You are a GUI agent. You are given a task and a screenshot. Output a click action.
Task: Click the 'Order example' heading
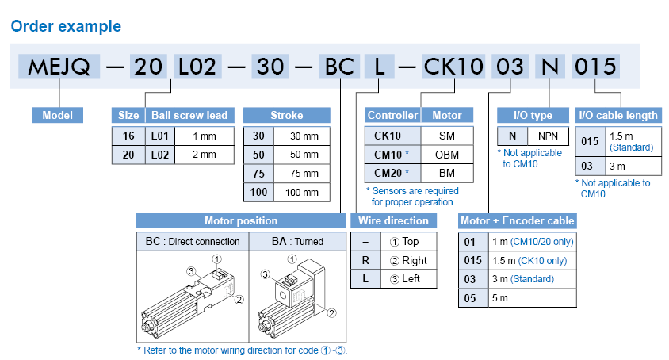66,26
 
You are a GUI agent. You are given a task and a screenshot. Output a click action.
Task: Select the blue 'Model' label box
58,115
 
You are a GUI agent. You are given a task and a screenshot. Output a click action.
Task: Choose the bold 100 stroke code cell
258,193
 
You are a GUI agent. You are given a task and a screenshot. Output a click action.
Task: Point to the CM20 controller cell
392,173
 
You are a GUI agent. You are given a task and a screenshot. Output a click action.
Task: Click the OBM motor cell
446,154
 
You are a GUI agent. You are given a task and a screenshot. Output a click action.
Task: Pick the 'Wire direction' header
393,220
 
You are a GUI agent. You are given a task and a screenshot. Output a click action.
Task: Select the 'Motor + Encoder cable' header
518,220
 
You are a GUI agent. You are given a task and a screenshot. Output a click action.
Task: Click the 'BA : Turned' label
297,241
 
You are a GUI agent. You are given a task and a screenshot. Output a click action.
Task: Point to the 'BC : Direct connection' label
193,241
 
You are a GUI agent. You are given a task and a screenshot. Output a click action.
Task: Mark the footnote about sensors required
412,196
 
